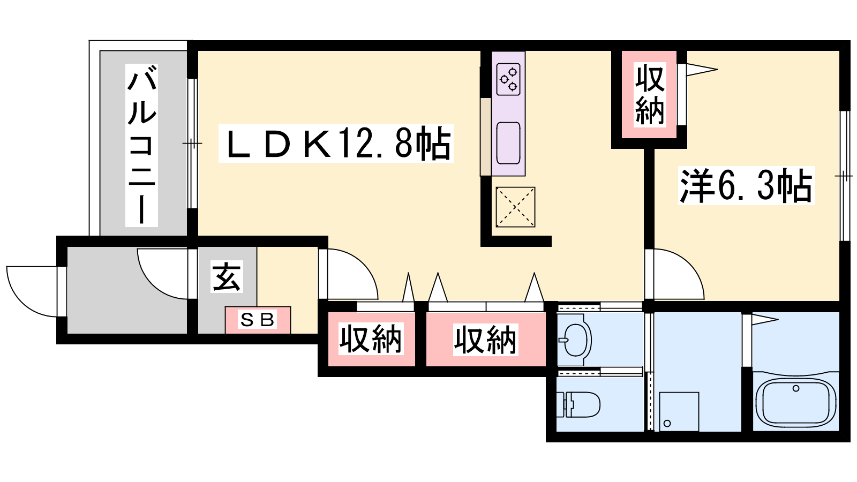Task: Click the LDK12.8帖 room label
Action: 336,144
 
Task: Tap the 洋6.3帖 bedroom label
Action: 747,185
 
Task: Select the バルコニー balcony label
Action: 141,145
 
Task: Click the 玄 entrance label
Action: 227,276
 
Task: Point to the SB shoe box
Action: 258,320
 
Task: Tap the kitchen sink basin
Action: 508,143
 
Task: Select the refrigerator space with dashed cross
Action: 515,207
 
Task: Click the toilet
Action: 578,404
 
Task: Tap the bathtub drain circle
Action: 796,388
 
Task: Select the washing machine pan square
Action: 676,412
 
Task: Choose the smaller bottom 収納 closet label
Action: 371,340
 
